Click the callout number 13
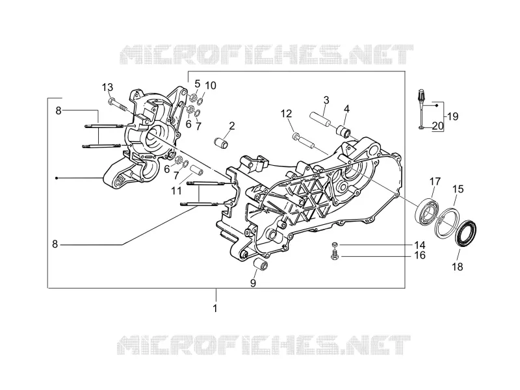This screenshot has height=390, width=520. point(107,87)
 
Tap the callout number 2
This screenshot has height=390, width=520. point(232,125)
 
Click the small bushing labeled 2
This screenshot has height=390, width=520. point(220,143)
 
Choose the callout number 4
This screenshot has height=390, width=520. point(346,109)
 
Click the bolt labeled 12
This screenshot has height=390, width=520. point(304,140)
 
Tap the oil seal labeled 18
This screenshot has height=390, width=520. point(466,232)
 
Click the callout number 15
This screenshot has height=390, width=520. point(458,189)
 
